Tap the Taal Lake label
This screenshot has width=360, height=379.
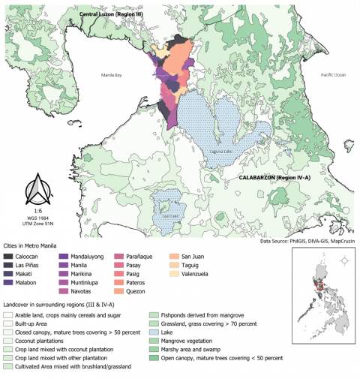(x=171, y=215)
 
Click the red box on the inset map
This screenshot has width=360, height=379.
(x=320, y=285)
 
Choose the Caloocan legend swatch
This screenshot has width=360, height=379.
(x=10, y=257)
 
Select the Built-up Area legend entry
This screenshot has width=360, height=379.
(x=35, y=323)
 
